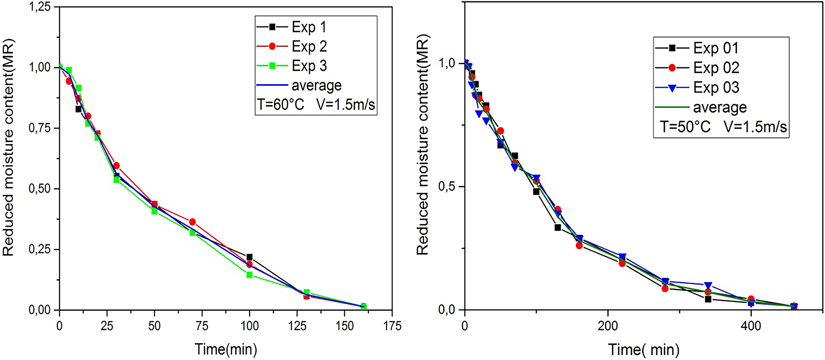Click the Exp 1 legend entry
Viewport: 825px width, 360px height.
click(309, 27)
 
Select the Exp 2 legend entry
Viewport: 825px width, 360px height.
click(309, 46)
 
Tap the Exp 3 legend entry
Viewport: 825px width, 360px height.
click(309, 66)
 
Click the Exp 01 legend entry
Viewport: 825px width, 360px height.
click(716, 48)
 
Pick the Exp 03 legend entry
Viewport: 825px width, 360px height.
click(716, 88)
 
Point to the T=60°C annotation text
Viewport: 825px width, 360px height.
click(280, 105)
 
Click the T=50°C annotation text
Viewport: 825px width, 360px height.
click(685, 127)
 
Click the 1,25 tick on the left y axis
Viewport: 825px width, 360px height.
click(40, 7)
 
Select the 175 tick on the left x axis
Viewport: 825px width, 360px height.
click(392, 326)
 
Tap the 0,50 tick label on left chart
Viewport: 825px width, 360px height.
click(40, 189)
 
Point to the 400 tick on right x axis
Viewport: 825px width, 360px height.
click(751, 326)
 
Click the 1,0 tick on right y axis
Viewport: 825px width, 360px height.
click(447, 63)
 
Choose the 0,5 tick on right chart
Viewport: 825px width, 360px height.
click(447, 187)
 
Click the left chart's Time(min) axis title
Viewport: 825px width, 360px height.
click(226, 349)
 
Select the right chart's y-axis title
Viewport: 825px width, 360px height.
click(423, 145)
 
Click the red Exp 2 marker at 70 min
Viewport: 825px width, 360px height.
click(192, 222)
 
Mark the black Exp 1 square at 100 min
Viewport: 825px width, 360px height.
click(249, 257)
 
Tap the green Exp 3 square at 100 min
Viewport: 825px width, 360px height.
click(249, 275)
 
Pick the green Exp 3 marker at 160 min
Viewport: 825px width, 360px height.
click(363, 307)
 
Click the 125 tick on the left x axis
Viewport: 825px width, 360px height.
click(297, 326)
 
